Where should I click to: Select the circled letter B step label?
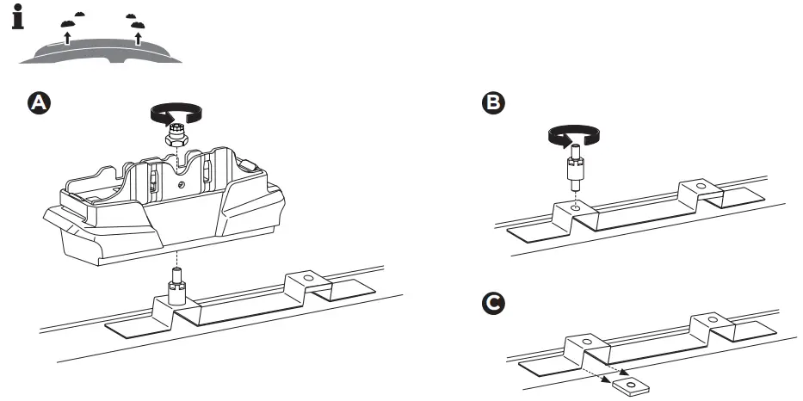click(493, 102)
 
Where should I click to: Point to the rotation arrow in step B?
click(572, 134)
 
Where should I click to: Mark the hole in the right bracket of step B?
click(700, 186)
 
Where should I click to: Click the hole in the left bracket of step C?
click(586, 342)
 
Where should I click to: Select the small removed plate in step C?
click(631, 384)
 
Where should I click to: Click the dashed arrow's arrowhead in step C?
click(607, 377)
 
